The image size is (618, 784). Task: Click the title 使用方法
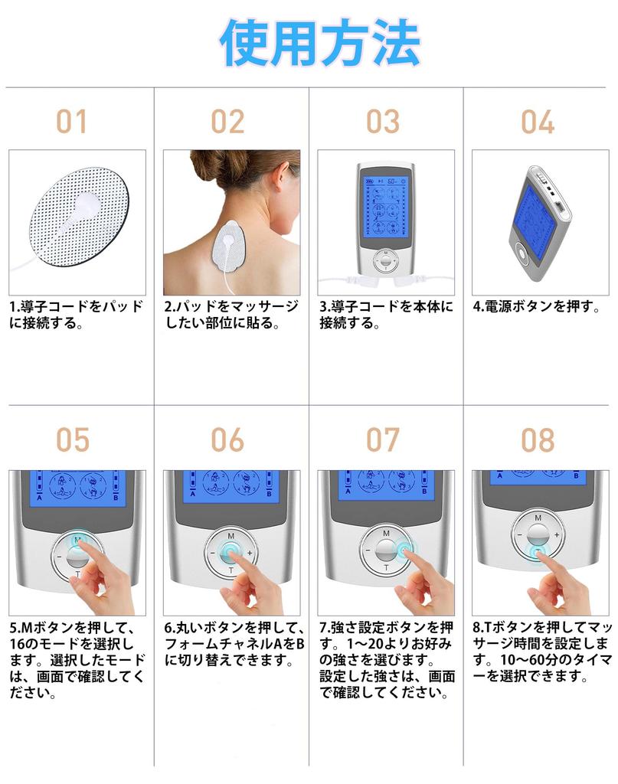320,43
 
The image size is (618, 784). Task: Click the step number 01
72,122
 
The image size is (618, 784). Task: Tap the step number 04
538,122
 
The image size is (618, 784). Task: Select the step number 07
383,440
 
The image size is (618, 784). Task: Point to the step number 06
227,440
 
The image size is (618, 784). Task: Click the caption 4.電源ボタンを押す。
536,306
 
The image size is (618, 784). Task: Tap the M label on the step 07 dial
385,532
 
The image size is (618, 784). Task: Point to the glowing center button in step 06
230,551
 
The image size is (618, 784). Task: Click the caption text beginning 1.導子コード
77,315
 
